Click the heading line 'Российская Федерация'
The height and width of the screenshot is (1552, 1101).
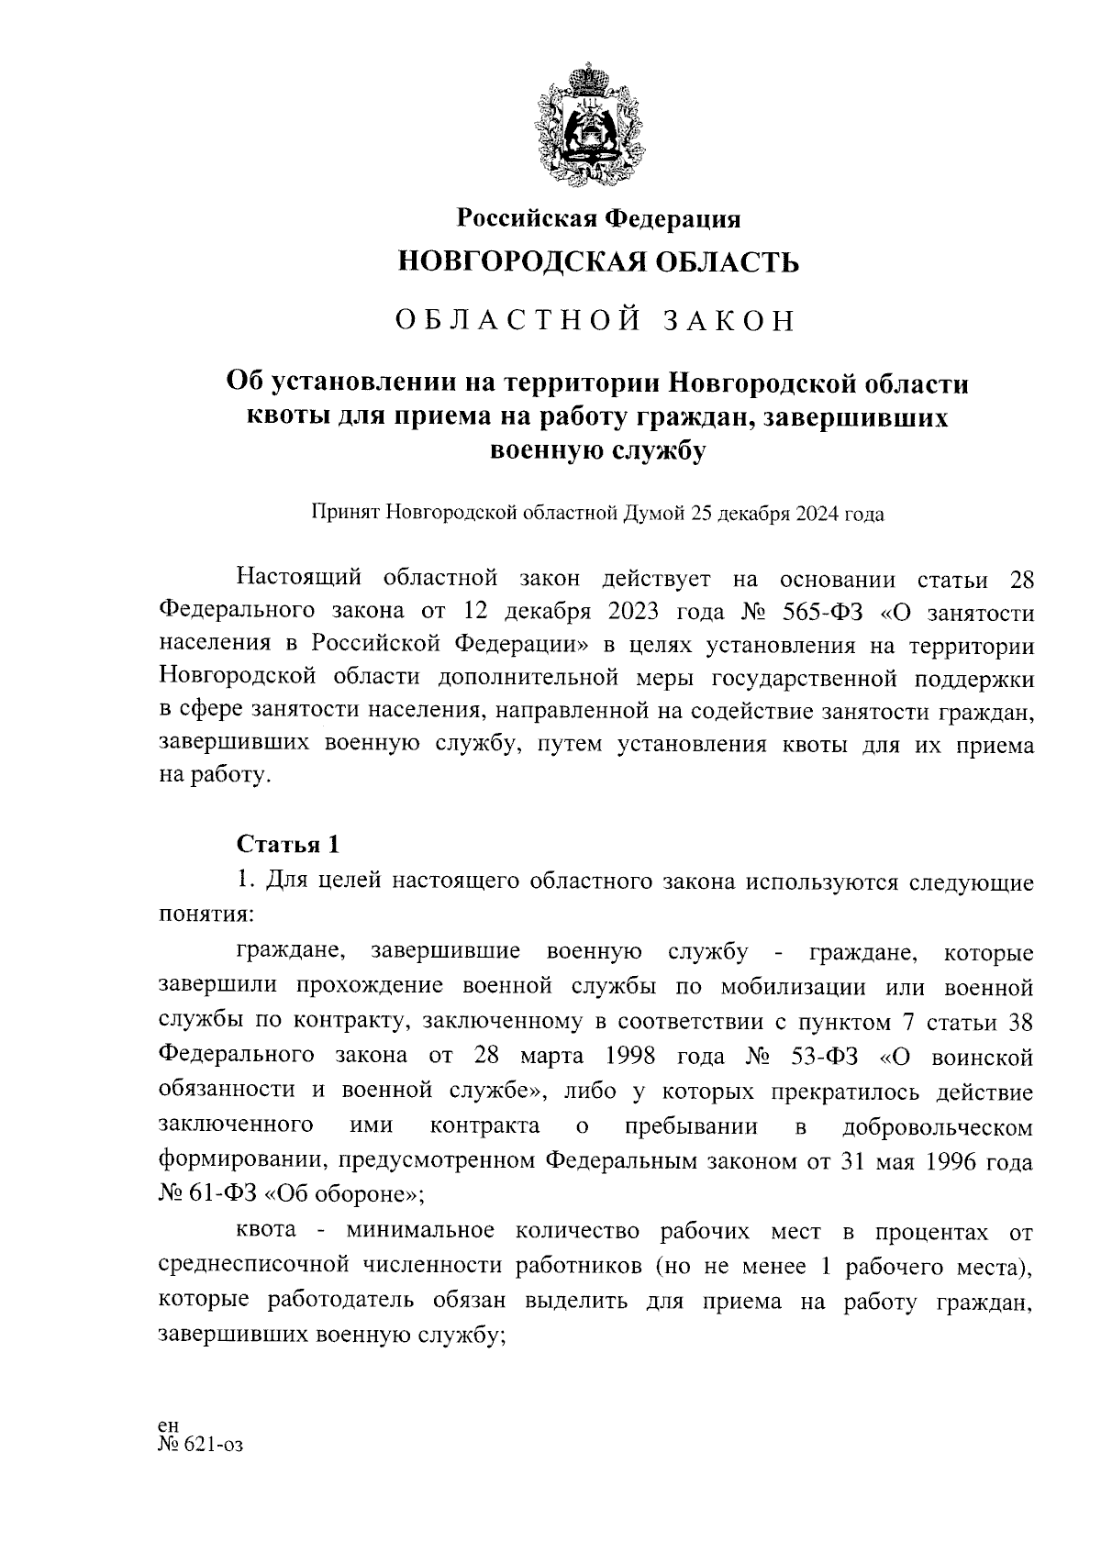599,218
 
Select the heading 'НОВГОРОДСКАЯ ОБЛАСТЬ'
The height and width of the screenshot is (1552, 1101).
598,263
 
